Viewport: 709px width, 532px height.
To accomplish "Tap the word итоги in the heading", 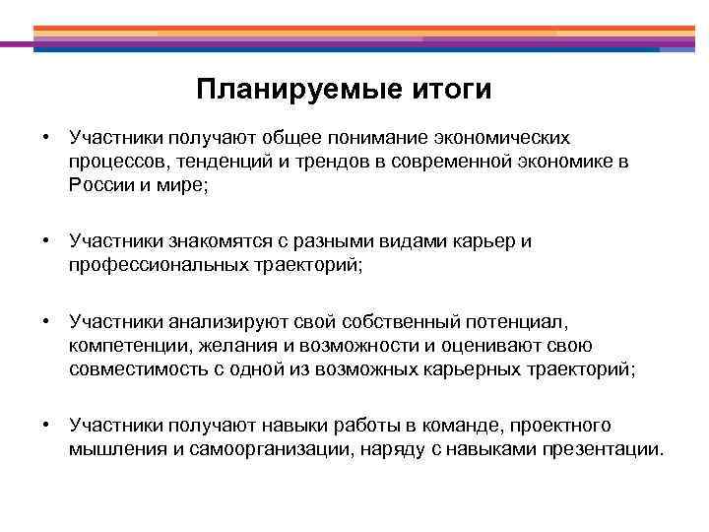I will click(x=447, y=91).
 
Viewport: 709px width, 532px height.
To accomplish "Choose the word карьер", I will click(x=480, y=242).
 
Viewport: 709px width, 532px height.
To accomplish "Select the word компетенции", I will click(x=124, y=345).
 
